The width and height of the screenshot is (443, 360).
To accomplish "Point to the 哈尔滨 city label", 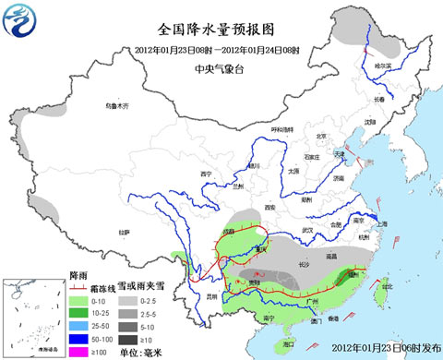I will coord(380,66).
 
